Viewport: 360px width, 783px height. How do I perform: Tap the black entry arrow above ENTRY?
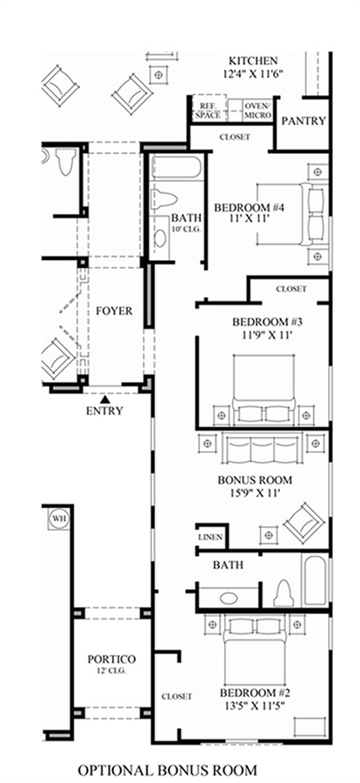[105, 399]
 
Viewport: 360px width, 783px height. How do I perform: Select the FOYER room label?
[114, 311]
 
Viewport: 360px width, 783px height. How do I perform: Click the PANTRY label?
[303, 121]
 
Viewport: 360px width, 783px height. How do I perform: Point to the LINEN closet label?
[210, 538]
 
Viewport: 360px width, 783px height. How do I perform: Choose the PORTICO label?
[112, 659]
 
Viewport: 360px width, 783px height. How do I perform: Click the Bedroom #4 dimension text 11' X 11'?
[250, 218]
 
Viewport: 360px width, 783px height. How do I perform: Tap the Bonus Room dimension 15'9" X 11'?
[255, 493]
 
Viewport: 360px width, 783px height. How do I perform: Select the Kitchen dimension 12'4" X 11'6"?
[253, 73]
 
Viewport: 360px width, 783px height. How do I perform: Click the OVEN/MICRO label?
[258, 110]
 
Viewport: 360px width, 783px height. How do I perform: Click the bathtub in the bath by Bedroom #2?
[315, 579]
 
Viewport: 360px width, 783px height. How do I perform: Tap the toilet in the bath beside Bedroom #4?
[164, 199]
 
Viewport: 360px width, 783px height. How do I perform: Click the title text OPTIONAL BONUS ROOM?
[167, 770]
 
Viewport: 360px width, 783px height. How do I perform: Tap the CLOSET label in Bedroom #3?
[291, 289]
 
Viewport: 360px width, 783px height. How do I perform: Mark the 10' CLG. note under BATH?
[185, 229]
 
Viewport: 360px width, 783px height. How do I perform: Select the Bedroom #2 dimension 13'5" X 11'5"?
[255, 706]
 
